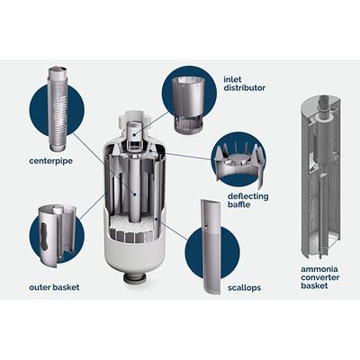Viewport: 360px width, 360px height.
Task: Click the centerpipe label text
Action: [50, 161]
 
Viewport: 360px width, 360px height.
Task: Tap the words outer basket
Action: [54, 287]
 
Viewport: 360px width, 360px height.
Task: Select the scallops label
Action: [244, 288]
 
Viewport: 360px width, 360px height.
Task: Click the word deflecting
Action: [247, 197]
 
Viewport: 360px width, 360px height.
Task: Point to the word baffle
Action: [238, 205]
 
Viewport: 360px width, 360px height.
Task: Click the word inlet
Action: [232, 80]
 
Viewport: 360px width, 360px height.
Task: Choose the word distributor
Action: [245, 88]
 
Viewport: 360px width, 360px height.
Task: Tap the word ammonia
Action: [315, 269]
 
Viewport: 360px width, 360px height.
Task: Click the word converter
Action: [320, 277]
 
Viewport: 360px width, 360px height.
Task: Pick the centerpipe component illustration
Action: [58, 109]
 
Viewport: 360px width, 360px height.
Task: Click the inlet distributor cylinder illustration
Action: [188, 103]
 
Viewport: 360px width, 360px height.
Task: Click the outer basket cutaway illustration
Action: [57, 234]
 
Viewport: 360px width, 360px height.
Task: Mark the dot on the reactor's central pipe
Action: [135, 194]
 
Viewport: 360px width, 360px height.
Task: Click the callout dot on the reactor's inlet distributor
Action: [134, 134]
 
